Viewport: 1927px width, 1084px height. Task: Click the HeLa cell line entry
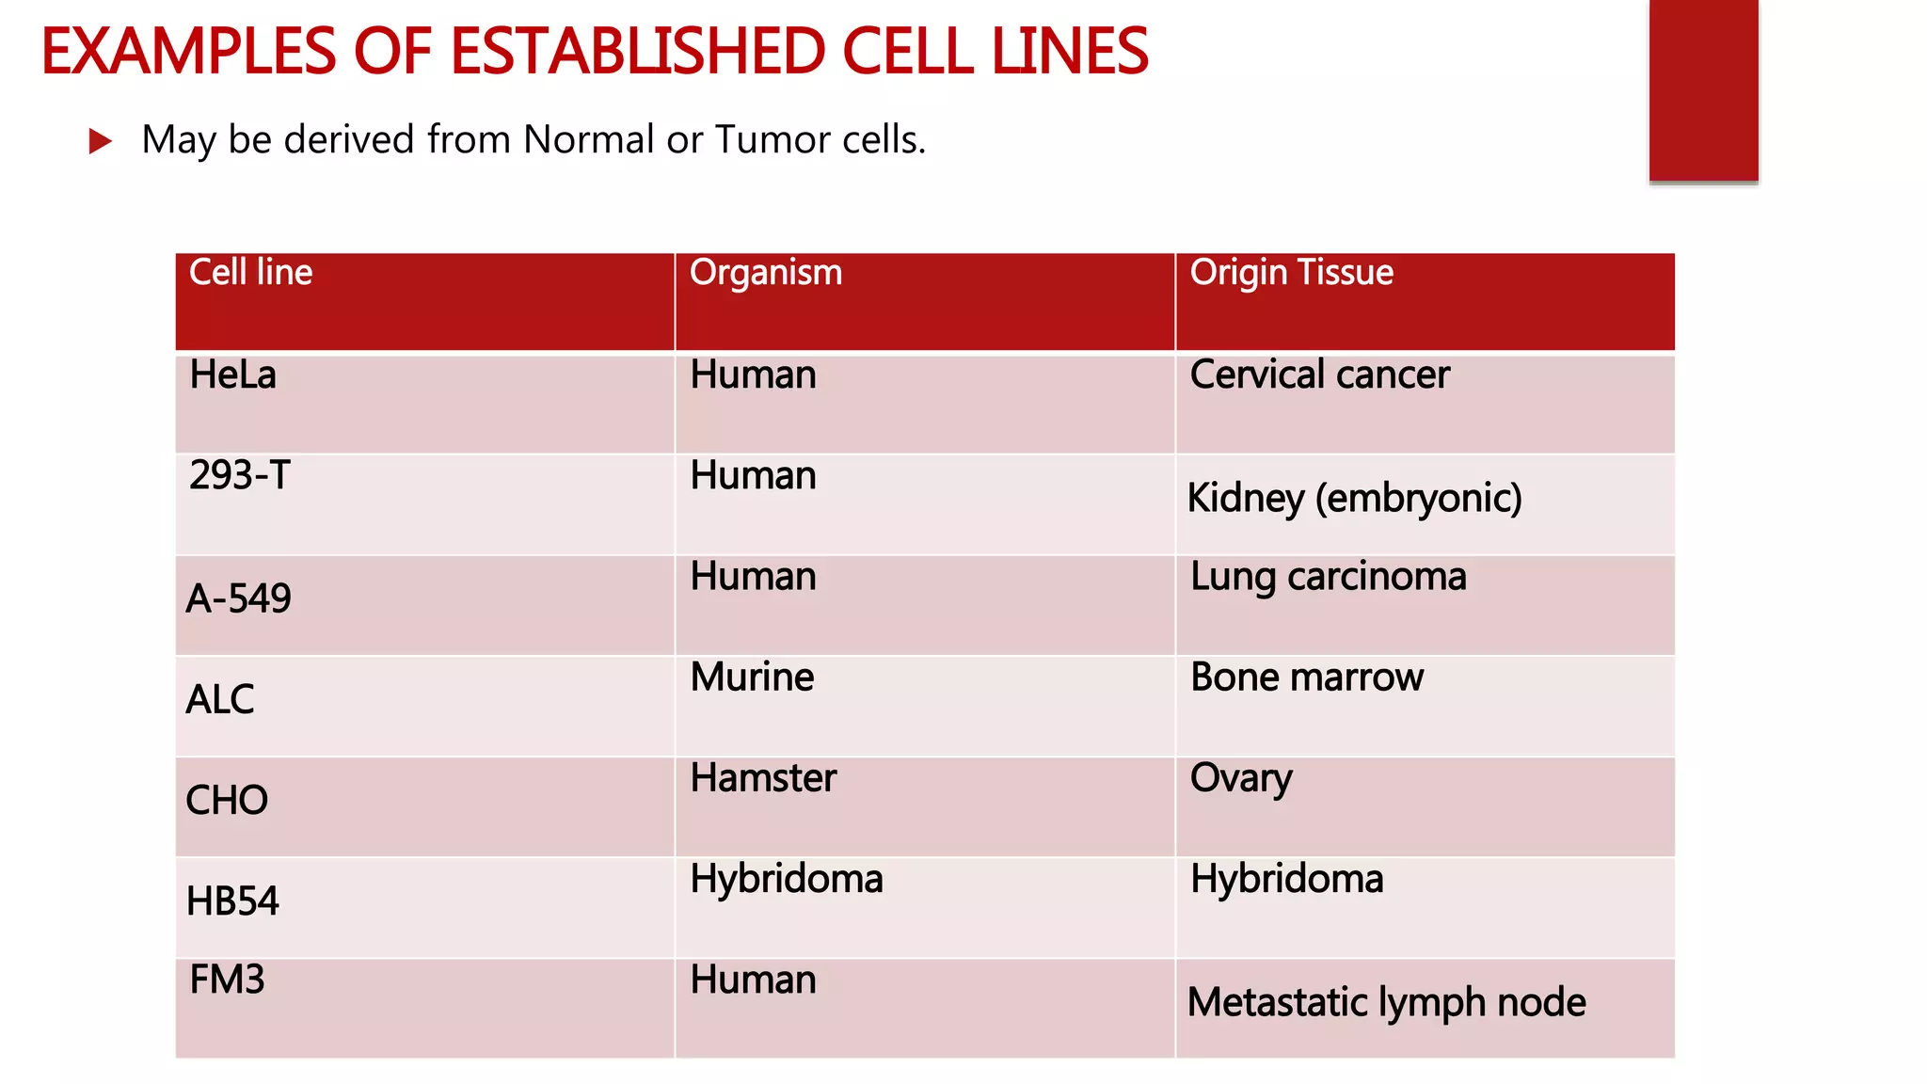tap(232, 375)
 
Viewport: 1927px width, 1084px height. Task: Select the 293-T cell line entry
tap(239, 476)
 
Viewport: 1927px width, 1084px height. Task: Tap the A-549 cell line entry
tap(238, 599)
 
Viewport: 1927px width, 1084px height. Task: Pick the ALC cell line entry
tap(220, 700)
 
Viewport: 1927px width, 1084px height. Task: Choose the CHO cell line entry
tap(227, 801)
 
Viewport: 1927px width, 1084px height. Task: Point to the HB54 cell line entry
tap(232, 901)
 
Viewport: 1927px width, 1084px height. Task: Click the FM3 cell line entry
tap(227, 980)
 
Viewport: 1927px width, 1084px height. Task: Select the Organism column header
tap(766, 273)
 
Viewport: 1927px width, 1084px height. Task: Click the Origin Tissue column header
tap(1291, 273)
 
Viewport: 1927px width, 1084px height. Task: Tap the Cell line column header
tap(250, 273)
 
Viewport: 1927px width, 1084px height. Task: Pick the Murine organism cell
tap(752, 677)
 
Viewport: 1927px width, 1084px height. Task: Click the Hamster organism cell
tap(763, 778)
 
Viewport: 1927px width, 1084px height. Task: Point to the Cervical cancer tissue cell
tap(1319, 375)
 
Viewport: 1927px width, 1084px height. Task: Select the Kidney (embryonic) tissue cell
tap(1354, 499)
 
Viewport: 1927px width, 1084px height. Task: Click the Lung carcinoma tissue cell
tap(1328, 577)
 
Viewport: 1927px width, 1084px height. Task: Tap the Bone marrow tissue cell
tap(1307, 677)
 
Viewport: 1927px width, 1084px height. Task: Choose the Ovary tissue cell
tap(1241, 779)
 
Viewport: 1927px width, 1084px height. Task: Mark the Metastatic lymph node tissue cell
tap(1386, 1003)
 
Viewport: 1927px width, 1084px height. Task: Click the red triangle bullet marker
tap(100, 142)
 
